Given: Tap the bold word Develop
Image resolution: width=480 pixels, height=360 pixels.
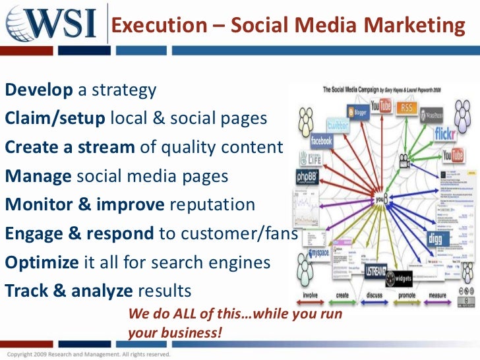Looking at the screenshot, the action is (x=39, y=90).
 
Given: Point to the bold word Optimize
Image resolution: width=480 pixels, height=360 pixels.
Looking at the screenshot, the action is (x=42, y=262).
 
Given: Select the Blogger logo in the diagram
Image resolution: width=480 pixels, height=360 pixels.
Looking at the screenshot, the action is (x=359, y=112).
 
